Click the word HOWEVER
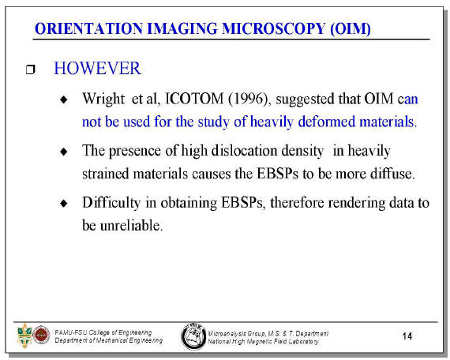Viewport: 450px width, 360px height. (97, 69)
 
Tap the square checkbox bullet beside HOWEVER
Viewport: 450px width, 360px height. (31, 69)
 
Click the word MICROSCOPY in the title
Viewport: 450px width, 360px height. (273, 28)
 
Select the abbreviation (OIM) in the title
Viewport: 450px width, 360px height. (351, 29)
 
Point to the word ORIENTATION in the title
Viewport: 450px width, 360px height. (88, 28)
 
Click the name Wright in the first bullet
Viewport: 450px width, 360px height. (103, 99)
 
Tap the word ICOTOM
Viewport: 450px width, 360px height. (194, 99)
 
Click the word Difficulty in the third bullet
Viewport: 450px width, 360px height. (111, 203)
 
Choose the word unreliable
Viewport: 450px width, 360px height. (131, 225)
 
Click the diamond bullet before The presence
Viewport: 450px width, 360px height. (64, 152)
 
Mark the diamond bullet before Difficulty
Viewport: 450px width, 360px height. (64, 203)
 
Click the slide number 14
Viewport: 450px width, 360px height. (407, 336)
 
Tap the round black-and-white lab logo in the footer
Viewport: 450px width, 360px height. (193, 336)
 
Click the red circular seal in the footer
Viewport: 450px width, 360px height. (41, 335)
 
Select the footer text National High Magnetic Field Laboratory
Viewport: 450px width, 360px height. (263, 341)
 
